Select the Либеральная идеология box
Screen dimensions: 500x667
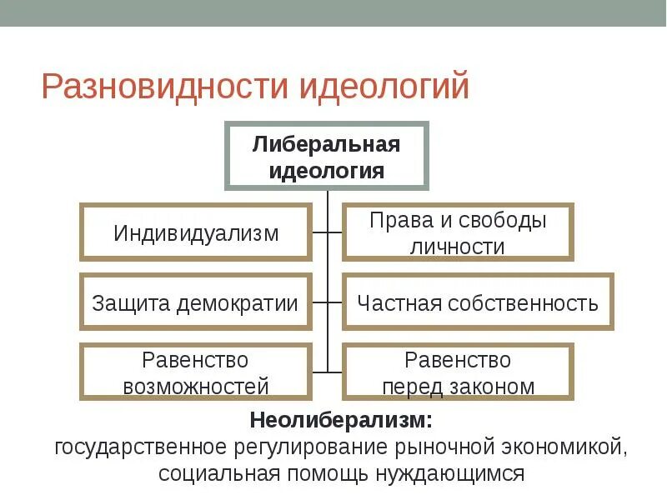coord(326,157)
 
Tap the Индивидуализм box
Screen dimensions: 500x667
coord(196,232)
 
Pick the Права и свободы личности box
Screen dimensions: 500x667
coord(458,232)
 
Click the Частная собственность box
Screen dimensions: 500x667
coord(477,302)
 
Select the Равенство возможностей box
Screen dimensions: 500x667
coord(196,372)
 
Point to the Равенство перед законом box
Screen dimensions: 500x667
coord(458,372)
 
